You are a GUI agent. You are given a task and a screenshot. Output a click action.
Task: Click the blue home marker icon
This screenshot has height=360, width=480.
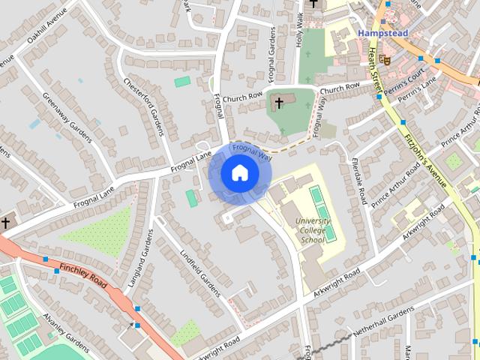[x=239, y=173]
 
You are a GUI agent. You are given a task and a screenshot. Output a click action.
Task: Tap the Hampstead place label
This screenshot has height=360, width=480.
[x=383, y=34]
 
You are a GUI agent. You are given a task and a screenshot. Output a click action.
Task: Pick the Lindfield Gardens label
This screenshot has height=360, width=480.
[x=197, y=268]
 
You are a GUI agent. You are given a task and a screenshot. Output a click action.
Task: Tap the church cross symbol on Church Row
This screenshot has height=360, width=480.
[x=280, y=102]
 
